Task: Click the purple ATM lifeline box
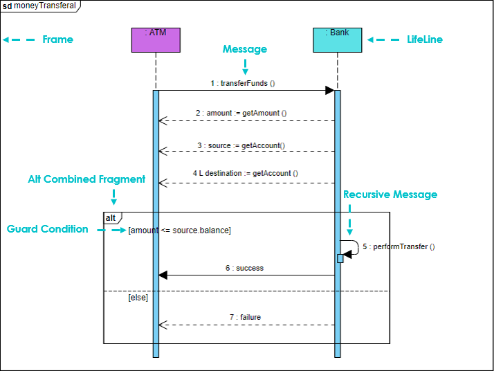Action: pyautogui.click(x=156, y=39)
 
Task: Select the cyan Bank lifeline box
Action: pyautogui.click(x=338, y=39)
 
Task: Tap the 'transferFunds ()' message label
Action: pyautogui.click(x=243, y=83)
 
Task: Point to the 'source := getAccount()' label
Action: pyautogui.click(x=241, y=145)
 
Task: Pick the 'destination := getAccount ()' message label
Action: pyautogui.click(x=246, y=173)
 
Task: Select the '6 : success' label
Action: pyautogui.click(x=244, y=268)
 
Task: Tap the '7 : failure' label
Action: pyautogui.click(x=245, y=317)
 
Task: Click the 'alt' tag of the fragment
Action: pyautogui.click(x=111, y=218)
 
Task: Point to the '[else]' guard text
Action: pyautogui.click(x=138, y=298)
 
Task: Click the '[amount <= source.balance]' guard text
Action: pyautogui.click(x=180, y=230)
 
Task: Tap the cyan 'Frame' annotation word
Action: pyautogui.click(x=57, y=39)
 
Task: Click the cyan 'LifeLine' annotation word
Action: pyautogui.click(x=424, y=39)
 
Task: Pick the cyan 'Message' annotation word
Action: pyautogui.click(x=244, y=49)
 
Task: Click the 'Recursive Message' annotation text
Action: pyautogui.click(x=390, y=194)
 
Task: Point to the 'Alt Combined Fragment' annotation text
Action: pyautogui.click(x=86, y=179)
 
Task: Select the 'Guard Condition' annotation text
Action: pyautogui.click(x=48, y=229)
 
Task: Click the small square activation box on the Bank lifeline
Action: pyautogui.click(x=340, y=258)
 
